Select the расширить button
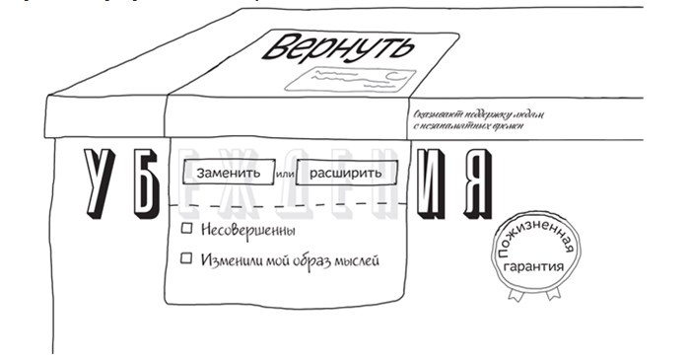[x=345, y=173]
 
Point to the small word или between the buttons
[x=283, y=174]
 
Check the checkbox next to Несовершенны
[x=185, y=230]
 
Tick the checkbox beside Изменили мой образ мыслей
[x=185, y=259]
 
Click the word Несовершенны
[x=247, y=230]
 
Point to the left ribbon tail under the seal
[x=515, y=292]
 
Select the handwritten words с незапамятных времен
[x=469, y=128]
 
